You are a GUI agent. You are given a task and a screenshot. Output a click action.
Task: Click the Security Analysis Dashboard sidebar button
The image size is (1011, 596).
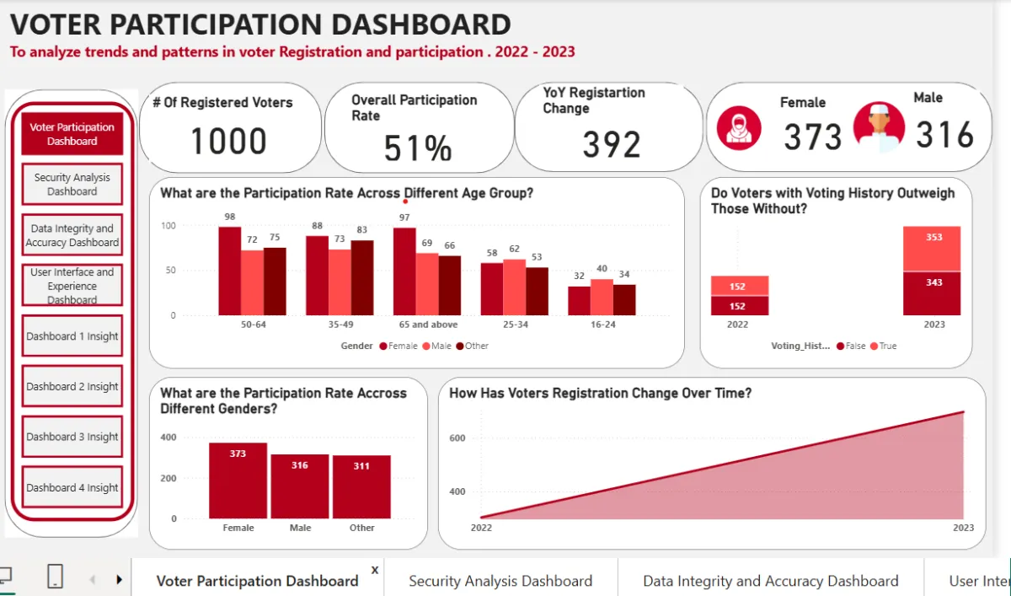72,185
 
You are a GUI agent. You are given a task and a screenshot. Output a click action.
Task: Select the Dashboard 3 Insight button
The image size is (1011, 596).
72,437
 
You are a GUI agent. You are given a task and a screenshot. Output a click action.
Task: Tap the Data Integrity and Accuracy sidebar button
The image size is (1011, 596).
72,235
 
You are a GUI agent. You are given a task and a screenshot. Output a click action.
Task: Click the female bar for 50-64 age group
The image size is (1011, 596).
230,271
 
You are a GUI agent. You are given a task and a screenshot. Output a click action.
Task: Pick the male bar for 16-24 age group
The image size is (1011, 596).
602,297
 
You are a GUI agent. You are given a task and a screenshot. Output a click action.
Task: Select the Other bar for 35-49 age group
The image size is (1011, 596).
362,277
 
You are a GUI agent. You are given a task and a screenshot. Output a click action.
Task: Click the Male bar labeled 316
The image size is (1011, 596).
300,486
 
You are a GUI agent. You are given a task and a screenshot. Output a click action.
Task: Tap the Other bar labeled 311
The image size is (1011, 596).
361,486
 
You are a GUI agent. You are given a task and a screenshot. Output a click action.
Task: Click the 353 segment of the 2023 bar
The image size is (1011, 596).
932,249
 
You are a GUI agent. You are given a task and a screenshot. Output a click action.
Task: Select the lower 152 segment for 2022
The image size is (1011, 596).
740,306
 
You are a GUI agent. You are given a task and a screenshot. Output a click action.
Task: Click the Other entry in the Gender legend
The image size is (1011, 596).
472,346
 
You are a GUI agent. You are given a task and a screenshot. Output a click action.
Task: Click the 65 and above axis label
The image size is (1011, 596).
428,325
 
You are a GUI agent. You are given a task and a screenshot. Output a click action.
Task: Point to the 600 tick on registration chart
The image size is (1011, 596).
457,438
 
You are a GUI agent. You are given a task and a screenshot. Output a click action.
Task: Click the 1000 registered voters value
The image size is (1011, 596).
229,141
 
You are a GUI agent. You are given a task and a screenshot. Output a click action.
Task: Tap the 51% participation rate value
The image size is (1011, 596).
418,148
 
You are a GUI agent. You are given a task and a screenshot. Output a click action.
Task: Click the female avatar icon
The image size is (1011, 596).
739,128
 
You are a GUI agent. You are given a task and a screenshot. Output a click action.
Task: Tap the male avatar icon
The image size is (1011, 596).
879,126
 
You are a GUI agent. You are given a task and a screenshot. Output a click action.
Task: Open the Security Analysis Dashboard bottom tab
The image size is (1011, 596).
500,581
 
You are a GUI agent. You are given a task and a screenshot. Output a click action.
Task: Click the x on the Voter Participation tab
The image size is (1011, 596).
375,570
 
